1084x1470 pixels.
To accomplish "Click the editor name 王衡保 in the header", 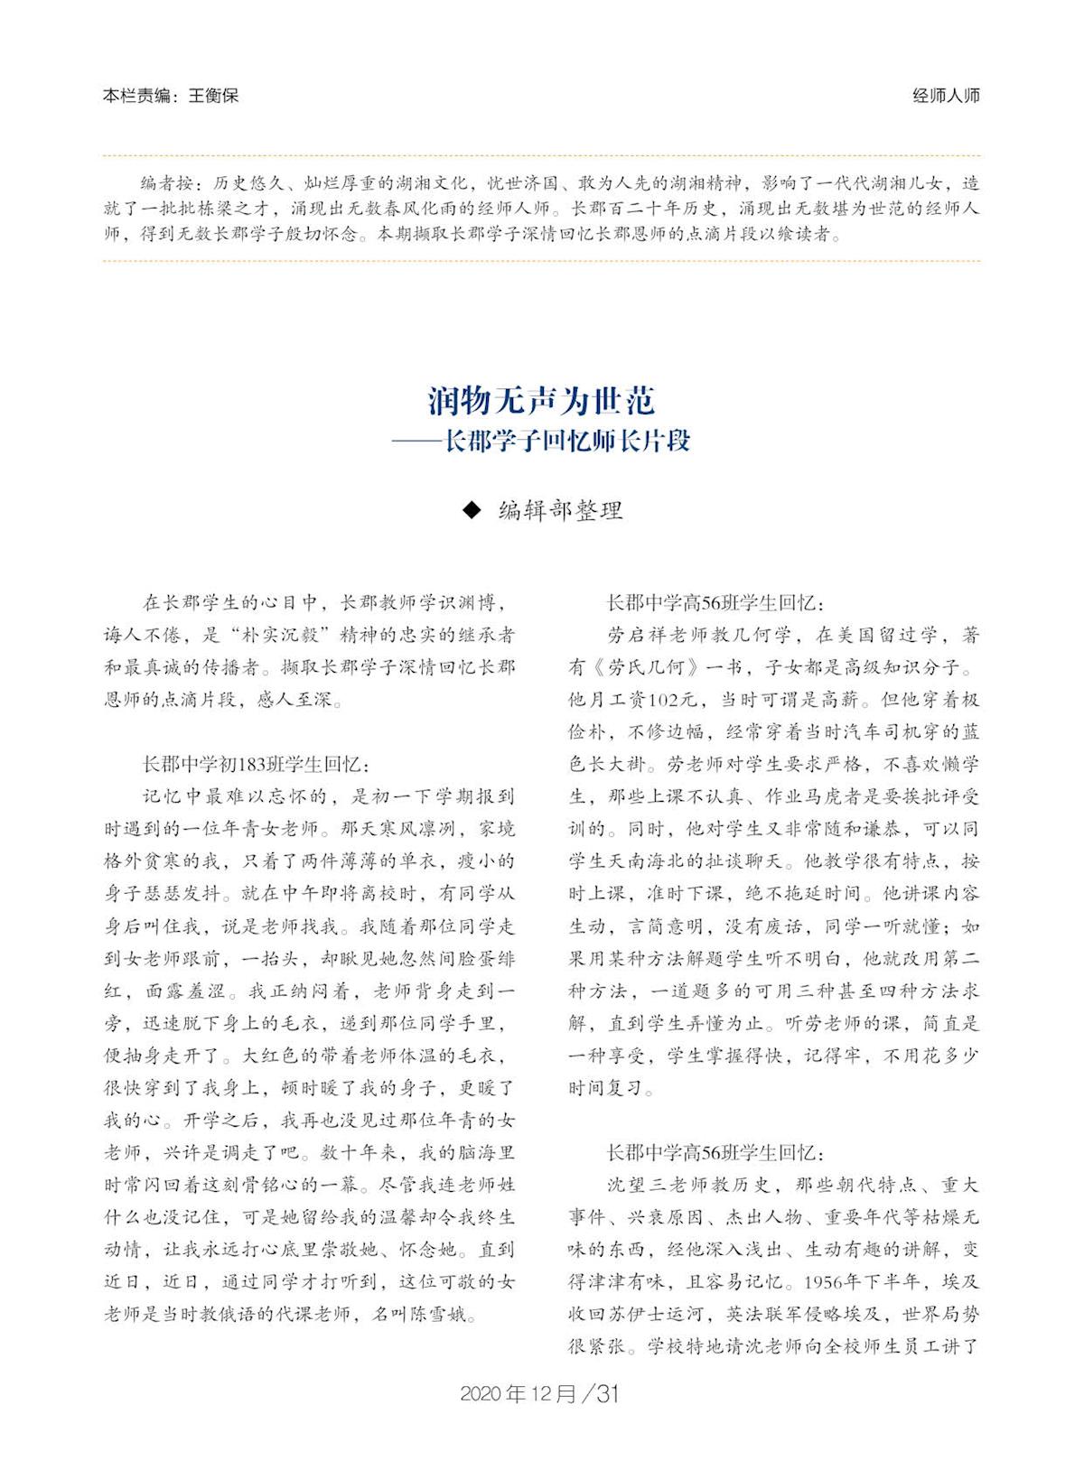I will tap(213, 96).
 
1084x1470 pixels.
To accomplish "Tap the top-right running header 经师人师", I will tap(946, 96).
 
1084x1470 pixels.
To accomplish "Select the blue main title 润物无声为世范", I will tap(541, 400).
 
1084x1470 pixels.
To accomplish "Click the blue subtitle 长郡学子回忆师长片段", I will tap(567, 442).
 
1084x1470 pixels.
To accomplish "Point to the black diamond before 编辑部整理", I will tap(471, 510).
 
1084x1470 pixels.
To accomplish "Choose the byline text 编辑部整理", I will tap(561, 510).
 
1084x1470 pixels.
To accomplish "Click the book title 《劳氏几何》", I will tap(642, 668).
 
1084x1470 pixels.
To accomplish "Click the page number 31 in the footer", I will tap(608, 1393).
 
